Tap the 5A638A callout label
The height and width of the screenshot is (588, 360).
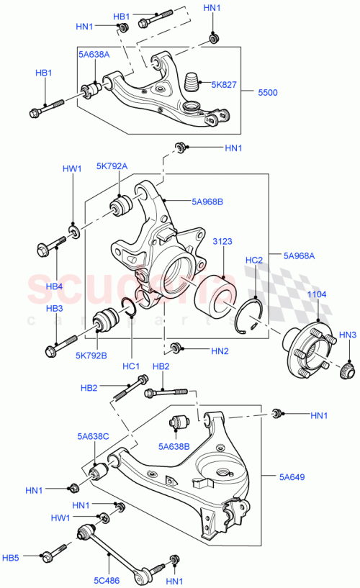[94, 54]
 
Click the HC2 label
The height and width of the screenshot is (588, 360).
[254, 260]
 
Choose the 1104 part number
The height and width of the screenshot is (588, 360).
[318, 295]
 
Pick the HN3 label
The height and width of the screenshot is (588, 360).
[348, 335]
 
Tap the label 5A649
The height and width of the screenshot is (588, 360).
[294, 476]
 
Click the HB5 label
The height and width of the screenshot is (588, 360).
[31, 556]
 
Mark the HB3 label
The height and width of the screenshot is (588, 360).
[55, 308]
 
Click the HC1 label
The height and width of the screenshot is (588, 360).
[130, 366]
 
